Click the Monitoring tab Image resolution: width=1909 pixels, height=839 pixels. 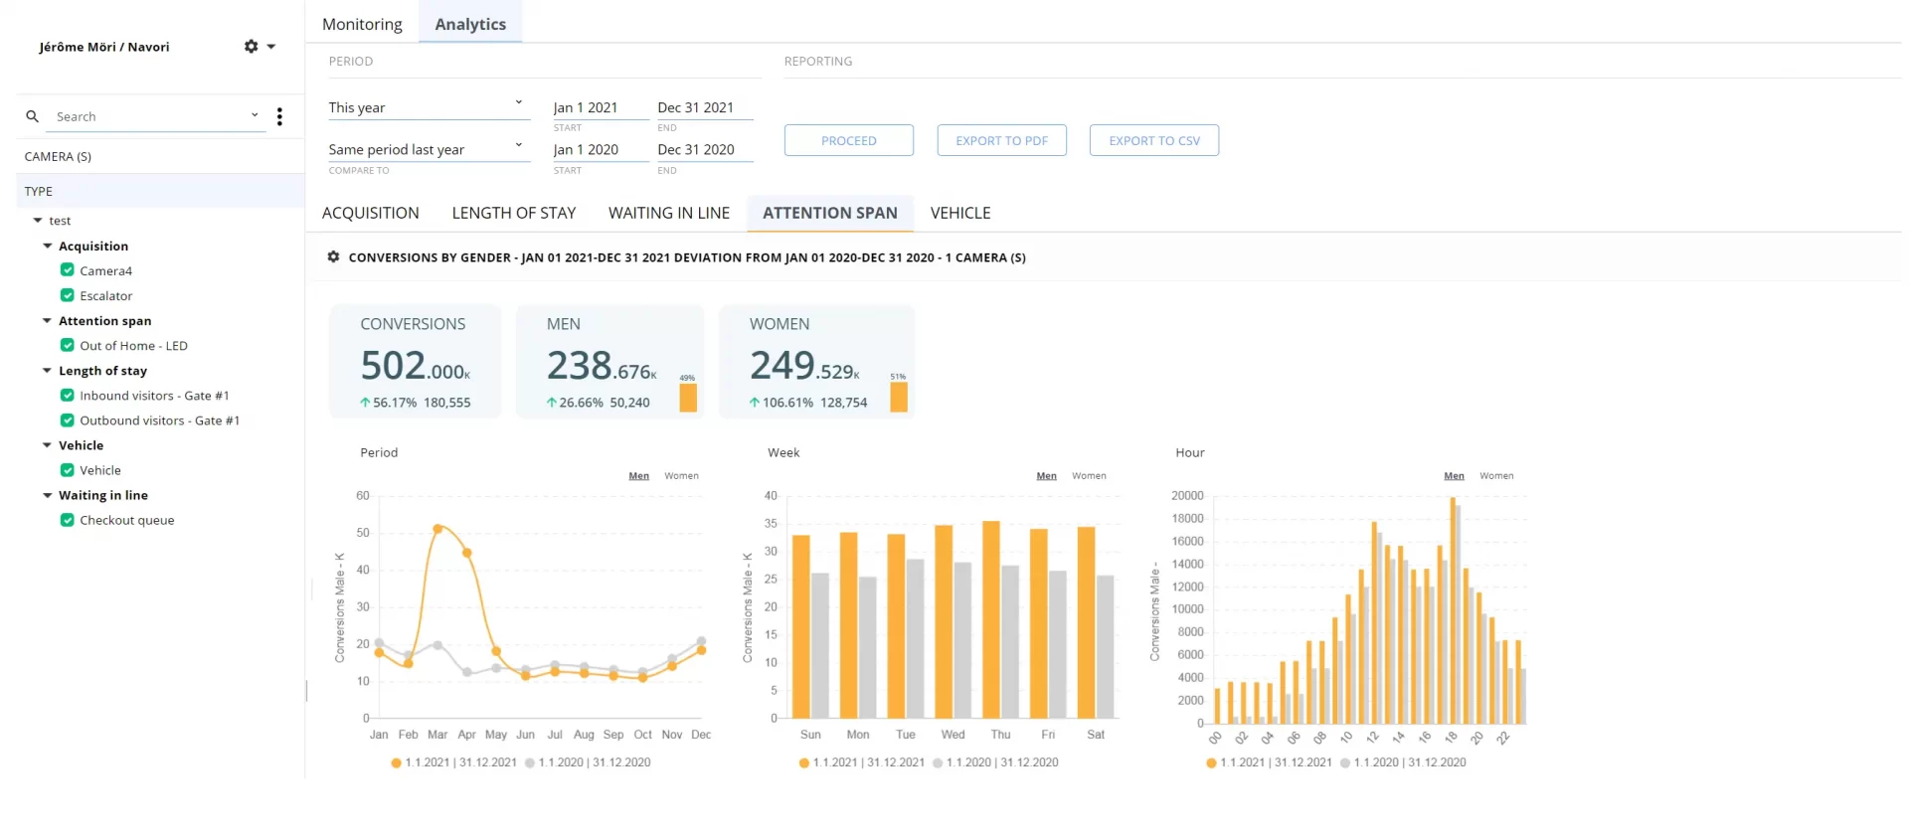pos(362,24)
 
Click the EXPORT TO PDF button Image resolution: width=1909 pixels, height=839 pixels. pos(1001,140)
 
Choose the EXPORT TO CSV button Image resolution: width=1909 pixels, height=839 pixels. pos(1153,140)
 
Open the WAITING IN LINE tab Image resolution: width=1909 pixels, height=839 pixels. pos(668,213)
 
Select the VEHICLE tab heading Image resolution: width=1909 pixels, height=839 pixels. pos(959,213)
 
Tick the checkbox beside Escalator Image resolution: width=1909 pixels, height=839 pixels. pos(68,295)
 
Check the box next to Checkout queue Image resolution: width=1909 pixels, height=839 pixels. pos(68,520)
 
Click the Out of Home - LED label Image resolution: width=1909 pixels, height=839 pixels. pos(133,346)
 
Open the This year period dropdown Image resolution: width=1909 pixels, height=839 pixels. pos(426,107)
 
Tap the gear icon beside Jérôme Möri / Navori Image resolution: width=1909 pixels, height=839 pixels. pos(252,47)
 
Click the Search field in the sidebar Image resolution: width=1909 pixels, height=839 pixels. pos(149,116)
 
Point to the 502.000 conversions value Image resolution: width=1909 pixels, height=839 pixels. pos(414,367)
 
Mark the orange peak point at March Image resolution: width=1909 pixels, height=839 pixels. pos(438,529)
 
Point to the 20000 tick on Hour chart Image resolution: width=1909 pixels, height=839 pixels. pos(1187,495)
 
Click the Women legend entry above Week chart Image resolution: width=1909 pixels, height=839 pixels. pos(1089,476)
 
